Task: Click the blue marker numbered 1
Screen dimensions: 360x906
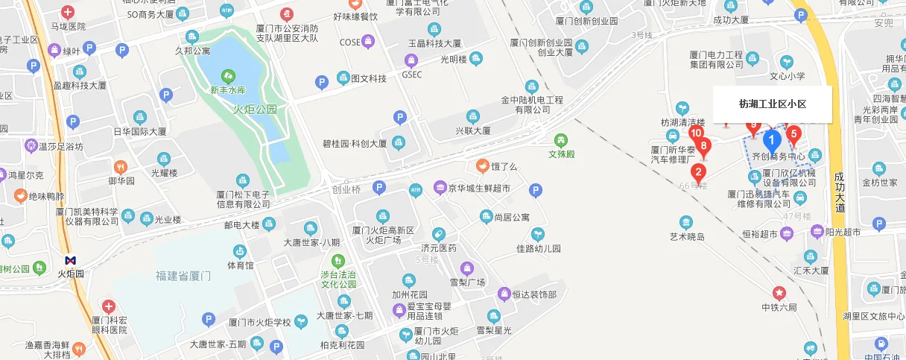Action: coord(773,139)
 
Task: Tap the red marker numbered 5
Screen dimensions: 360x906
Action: coord(793,135)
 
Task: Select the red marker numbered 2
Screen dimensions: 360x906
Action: coord(698,171)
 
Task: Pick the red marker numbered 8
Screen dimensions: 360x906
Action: coord(703,146)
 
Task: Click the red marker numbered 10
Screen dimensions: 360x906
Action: coord(696,134)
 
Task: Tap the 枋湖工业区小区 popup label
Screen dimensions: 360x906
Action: coord(773,104)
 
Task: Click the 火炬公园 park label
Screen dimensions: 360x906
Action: coord(255,109)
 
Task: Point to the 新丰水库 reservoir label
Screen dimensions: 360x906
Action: coord(227,90)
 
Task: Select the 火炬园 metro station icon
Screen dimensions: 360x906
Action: coord(71,260)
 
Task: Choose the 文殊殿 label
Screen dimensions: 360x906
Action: coord(562,154)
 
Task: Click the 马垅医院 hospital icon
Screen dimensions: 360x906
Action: coord(68,13)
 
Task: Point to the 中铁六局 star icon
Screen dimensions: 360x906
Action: coord(779,292)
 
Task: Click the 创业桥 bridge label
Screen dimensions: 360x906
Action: coord(346,189)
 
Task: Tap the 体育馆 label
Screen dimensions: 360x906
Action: coord(240,265)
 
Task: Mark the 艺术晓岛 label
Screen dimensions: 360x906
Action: coord(686,237)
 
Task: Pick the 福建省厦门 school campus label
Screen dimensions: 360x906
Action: coord(184,277)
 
